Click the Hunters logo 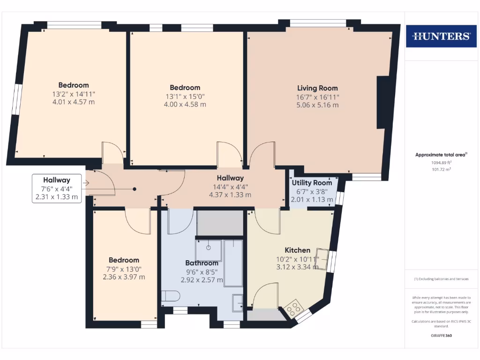[x=441, y=36]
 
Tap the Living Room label [x=317, y=88]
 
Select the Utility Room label [x=312, y=183]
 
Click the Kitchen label [x=297, y=250]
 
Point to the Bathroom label [x=202, y=263]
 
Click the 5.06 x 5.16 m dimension [x=317, y=105]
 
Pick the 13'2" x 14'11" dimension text [x=74, y=93]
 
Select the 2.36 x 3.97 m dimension [x=124, y=277]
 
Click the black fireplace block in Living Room [x=383, y=102]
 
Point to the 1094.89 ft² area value [x=441, y=163]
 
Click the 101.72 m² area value [x=441, y=170]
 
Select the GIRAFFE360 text [x=441, y=336]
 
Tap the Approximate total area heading [x=441, y=155]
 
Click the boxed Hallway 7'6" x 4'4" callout [x=57, y=188]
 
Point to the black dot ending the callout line [x=135, y=189]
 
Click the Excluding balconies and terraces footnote [x=441, y=279]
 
